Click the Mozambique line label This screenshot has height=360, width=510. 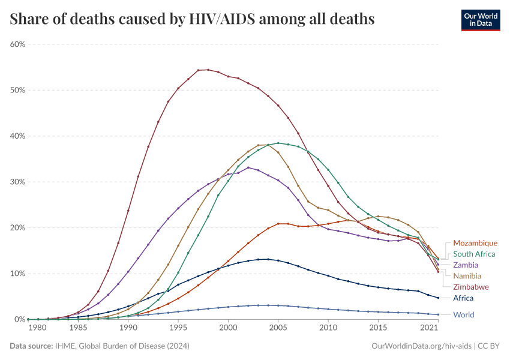point(475,243)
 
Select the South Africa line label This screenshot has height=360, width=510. point(474,254)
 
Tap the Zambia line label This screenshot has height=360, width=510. point(466,265)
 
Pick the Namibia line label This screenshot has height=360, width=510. point(467,276)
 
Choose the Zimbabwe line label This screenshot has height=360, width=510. point(471,287)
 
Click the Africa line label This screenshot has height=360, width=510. point(463,298)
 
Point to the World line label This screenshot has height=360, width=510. point(464,314)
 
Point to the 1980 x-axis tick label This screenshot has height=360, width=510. point(37,328)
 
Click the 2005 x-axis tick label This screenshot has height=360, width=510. point(278,328)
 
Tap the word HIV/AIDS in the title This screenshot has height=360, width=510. point(221,19)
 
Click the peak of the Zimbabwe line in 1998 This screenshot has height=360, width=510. point(208,70)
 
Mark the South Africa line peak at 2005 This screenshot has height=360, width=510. point(278,143)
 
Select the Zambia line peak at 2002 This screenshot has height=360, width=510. point(248,167)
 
